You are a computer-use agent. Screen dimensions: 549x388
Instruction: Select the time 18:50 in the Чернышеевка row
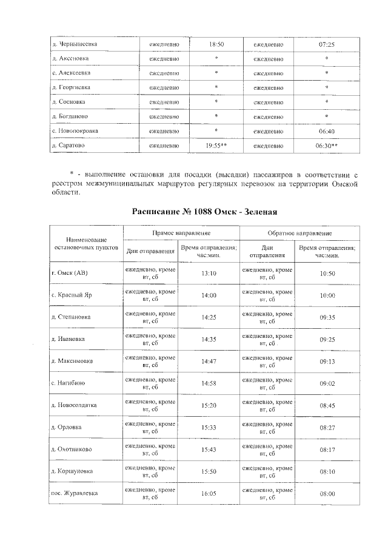point(216,44)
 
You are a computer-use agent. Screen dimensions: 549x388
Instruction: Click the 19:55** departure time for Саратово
point(216,146)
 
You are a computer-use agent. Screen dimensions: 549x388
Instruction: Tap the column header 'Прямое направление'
point(181,233)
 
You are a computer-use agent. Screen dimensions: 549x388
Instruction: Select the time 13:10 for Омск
point(209,274)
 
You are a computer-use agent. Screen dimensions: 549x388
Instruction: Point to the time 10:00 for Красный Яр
point(327,295)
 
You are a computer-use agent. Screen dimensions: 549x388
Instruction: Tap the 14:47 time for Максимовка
point(209,361)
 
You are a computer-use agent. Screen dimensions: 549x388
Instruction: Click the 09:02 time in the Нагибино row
point(327,383)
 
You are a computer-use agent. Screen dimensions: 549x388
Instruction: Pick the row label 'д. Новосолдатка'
point(75,405)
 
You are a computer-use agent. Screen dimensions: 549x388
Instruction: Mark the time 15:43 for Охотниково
point(209,450)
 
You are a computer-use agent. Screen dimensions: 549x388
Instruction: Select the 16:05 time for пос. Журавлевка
point(209,494)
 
